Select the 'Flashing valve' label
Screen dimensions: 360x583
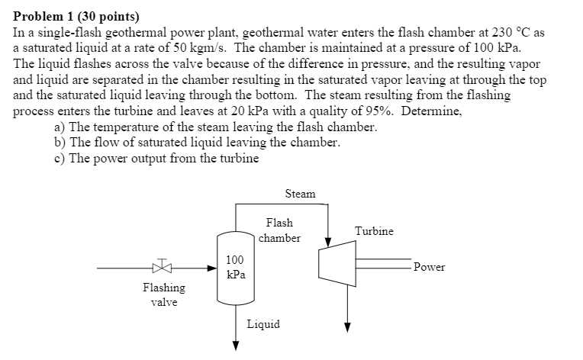click(163, 294)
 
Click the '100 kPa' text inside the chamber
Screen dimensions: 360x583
click(235, 267)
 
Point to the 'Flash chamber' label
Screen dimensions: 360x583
click(279, 230)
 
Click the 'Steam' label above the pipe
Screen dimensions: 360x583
click(300, 194)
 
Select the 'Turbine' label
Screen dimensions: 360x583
click(374, 230)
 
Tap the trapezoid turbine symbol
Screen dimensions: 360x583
click(336, 268)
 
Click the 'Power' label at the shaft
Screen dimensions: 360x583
click(429, 267)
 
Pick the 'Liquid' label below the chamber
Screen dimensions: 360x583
click(263, 324)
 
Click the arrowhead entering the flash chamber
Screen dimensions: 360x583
click(213, 268)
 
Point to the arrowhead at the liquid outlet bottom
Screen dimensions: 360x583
click(235, 343)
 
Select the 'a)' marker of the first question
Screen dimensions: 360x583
click(60, 127)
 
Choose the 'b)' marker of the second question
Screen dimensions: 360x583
click(60, 142)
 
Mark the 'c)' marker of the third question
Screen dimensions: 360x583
click(60, 158)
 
